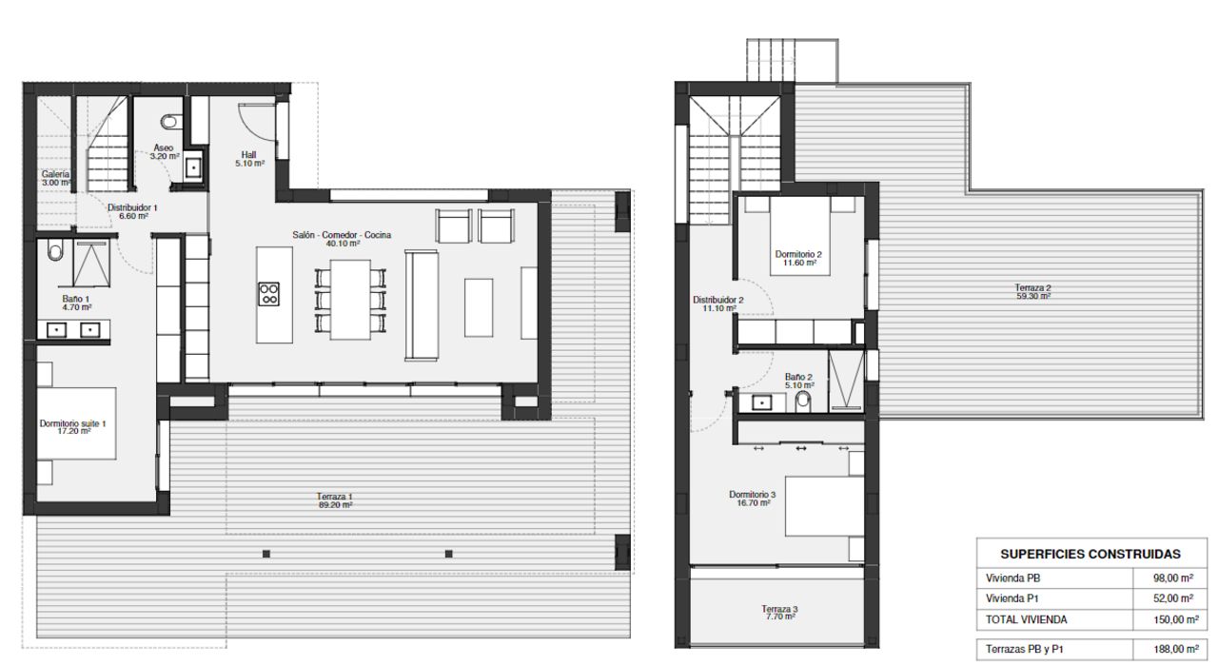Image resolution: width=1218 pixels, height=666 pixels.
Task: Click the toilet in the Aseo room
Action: (x=171, y=122)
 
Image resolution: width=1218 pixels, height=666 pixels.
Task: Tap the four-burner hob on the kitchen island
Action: (x=268, y=294)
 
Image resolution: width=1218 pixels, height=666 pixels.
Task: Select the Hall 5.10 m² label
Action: (x=249, y=159)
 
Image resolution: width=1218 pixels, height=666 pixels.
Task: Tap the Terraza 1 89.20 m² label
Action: (x=335, y=500)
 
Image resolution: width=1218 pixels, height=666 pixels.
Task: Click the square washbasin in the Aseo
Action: (x=193, y=167)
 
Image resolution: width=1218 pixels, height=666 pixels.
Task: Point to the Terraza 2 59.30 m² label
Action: (x=1033, y=292)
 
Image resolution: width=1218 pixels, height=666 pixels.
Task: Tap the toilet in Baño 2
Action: (x=802, y=402)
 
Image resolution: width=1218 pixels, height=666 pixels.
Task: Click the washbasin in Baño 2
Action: (x=762, y=402)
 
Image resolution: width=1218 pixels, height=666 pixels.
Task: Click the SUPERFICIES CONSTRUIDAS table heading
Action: (x=1090, y=554)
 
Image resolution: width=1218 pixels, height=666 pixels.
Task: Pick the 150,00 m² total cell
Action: (x=1176, y=619)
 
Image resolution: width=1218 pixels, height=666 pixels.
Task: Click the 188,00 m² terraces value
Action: (x=1176, y=649)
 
